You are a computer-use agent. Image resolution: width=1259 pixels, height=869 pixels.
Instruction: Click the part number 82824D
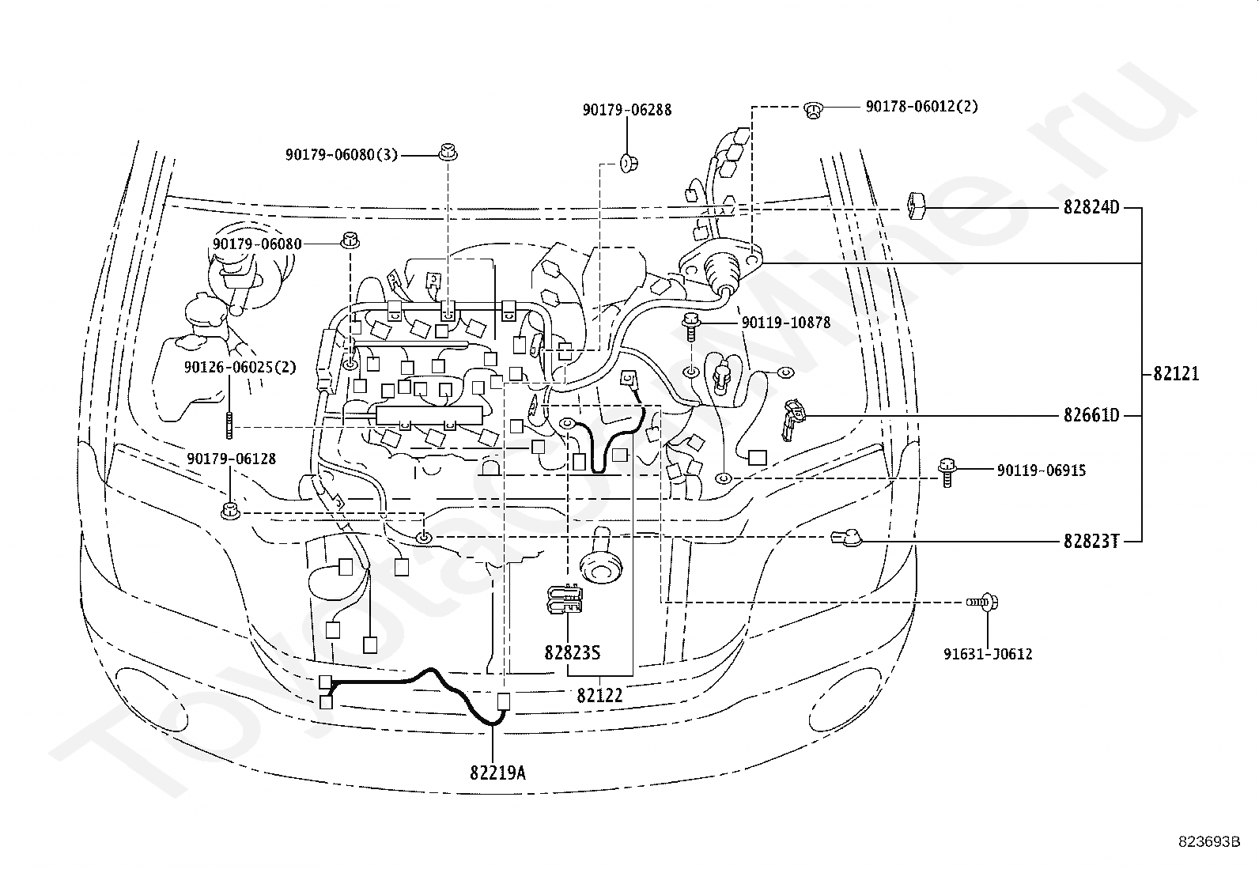coord(1091,207)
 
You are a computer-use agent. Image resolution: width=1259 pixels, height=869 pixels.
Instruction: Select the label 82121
coord(1176,373)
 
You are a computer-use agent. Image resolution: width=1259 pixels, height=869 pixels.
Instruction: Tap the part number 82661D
coord(1091,415)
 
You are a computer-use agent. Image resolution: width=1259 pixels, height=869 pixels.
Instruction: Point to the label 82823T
coord(1091,542)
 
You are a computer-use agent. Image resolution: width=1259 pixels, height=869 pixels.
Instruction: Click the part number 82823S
coord(573,652)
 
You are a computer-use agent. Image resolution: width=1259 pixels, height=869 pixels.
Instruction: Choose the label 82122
coord(599,696)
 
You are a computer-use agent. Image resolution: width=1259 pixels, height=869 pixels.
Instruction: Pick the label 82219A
coord(497,773)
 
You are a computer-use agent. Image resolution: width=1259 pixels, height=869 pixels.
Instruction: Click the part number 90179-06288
coord(626,110)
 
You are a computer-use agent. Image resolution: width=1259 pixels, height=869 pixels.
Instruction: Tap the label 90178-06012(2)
coord(922,106)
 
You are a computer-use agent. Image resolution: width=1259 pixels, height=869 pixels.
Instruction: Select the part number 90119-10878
coord(786,323)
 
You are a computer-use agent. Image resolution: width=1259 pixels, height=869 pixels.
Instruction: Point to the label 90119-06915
coord(1042,470)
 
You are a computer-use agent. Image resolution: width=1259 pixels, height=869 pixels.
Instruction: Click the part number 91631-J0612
coord(988,654)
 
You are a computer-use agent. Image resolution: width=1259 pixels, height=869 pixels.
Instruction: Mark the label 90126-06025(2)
coord(240,367)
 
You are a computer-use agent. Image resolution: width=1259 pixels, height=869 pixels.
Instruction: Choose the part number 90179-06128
coord(231,459)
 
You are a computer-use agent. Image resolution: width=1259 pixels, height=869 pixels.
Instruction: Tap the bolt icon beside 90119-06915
coord(947,472)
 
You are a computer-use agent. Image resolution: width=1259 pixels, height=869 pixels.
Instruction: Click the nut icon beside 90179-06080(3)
coord(448,152)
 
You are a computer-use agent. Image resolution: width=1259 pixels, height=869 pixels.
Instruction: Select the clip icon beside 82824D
coord(916,206)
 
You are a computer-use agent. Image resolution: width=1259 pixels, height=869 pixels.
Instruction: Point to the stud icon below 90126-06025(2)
coord(229,425)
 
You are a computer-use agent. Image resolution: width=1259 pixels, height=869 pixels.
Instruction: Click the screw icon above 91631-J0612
coord(982,603)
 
